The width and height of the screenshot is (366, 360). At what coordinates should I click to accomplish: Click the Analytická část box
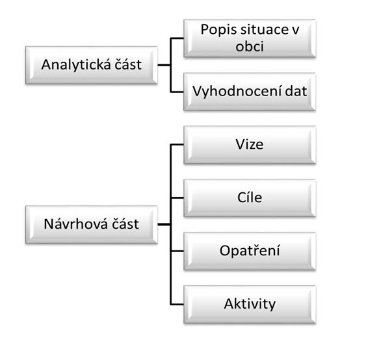[92, 65]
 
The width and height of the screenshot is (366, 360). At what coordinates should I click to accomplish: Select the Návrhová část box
[92, 224]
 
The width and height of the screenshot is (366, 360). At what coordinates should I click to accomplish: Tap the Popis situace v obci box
[250, 38]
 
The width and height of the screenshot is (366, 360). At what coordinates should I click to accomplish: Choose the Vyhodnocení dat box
[250, 92]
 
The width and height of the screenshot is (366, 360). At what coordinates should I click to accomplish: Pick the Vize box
[250, 145]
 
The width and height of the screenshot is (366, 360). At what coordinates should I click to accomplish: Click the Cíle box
[250, 198]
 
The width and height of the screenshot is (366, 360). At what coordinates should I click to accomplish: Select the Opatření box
[250, 251]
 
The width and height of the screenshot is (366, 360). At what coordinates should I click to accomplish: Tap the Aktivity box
[250, 304]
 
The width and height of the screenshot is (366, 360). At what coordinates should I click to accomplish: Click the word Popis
[218, 30]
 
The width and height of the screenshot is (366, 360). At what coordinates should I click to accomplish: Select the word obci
[250, 46]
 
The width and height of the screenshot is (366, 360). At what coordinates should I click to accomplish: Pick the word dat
[296, 91]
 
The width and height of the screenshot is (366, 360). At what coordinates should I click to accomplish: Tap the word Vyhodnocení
[237, 92]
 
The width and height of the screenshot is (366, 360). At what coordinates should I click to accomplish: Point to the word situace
[263, 30]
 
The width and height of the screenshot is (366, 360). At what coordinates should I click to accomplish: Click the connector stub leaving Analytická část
[164, 65]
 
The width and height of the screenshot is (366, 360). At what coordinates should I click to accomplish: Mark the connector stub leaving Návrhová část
[164, 224]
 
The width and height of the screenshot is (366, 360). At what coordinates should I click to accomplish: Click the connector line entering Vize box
[177, 145]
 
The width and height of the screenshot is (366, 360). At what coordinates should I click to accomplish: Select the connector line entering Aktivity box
[177, 304]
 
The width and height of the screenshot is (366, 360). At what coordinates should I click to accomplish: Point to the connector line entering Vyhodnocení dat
[177, 92]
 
